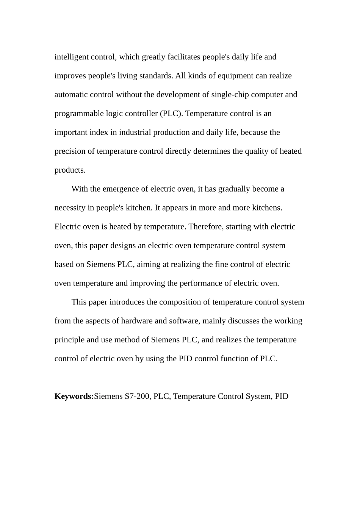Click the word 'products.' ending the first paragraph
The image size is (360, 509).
[70, 170]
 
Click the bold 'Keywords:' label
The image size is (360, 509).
[74, 397]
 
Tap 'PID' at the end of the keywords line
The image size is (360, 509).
[282, 397]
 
